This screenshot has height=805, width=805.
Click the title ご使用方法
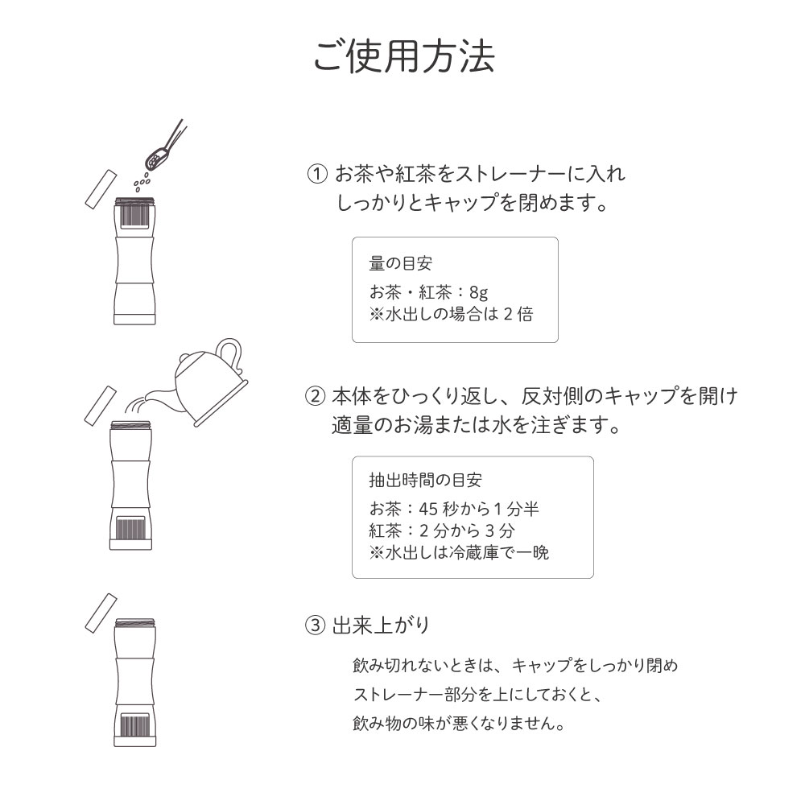pyautogui.click(x=403, y=55)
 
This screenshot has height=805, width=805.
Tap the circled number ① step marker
pyautogui.click(x=318, y=174)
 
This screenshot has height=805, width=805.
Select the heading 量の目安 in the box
pyautogui.click(x=401, y=264)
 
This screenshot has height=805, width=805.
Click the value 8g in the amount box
pyautogui.click(x=478, y=292)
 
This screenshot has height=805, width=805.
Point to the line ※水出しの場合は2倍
pyautogui.click(x=451, y=314)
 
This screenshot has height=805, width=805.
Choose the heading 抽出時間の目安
pyautogui.click(x=425, y=481)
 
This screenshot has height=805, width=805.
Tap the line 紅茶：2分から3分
pyautogui.click(x=442, y=530)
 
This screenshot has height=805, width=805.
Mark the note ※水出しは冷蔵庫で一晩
pyautogui.click(x=459, y=552)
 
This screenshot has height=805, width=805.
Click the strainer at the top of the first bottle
pyautogui.click(x=134, y=216)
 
